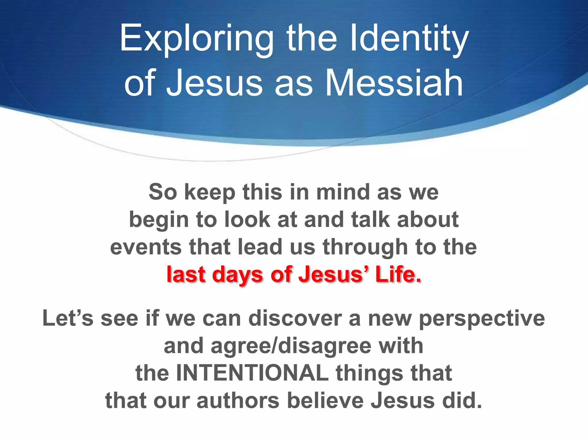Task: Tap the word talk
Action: pos(370,219)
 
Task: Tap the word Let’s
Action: pos(68,318)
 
